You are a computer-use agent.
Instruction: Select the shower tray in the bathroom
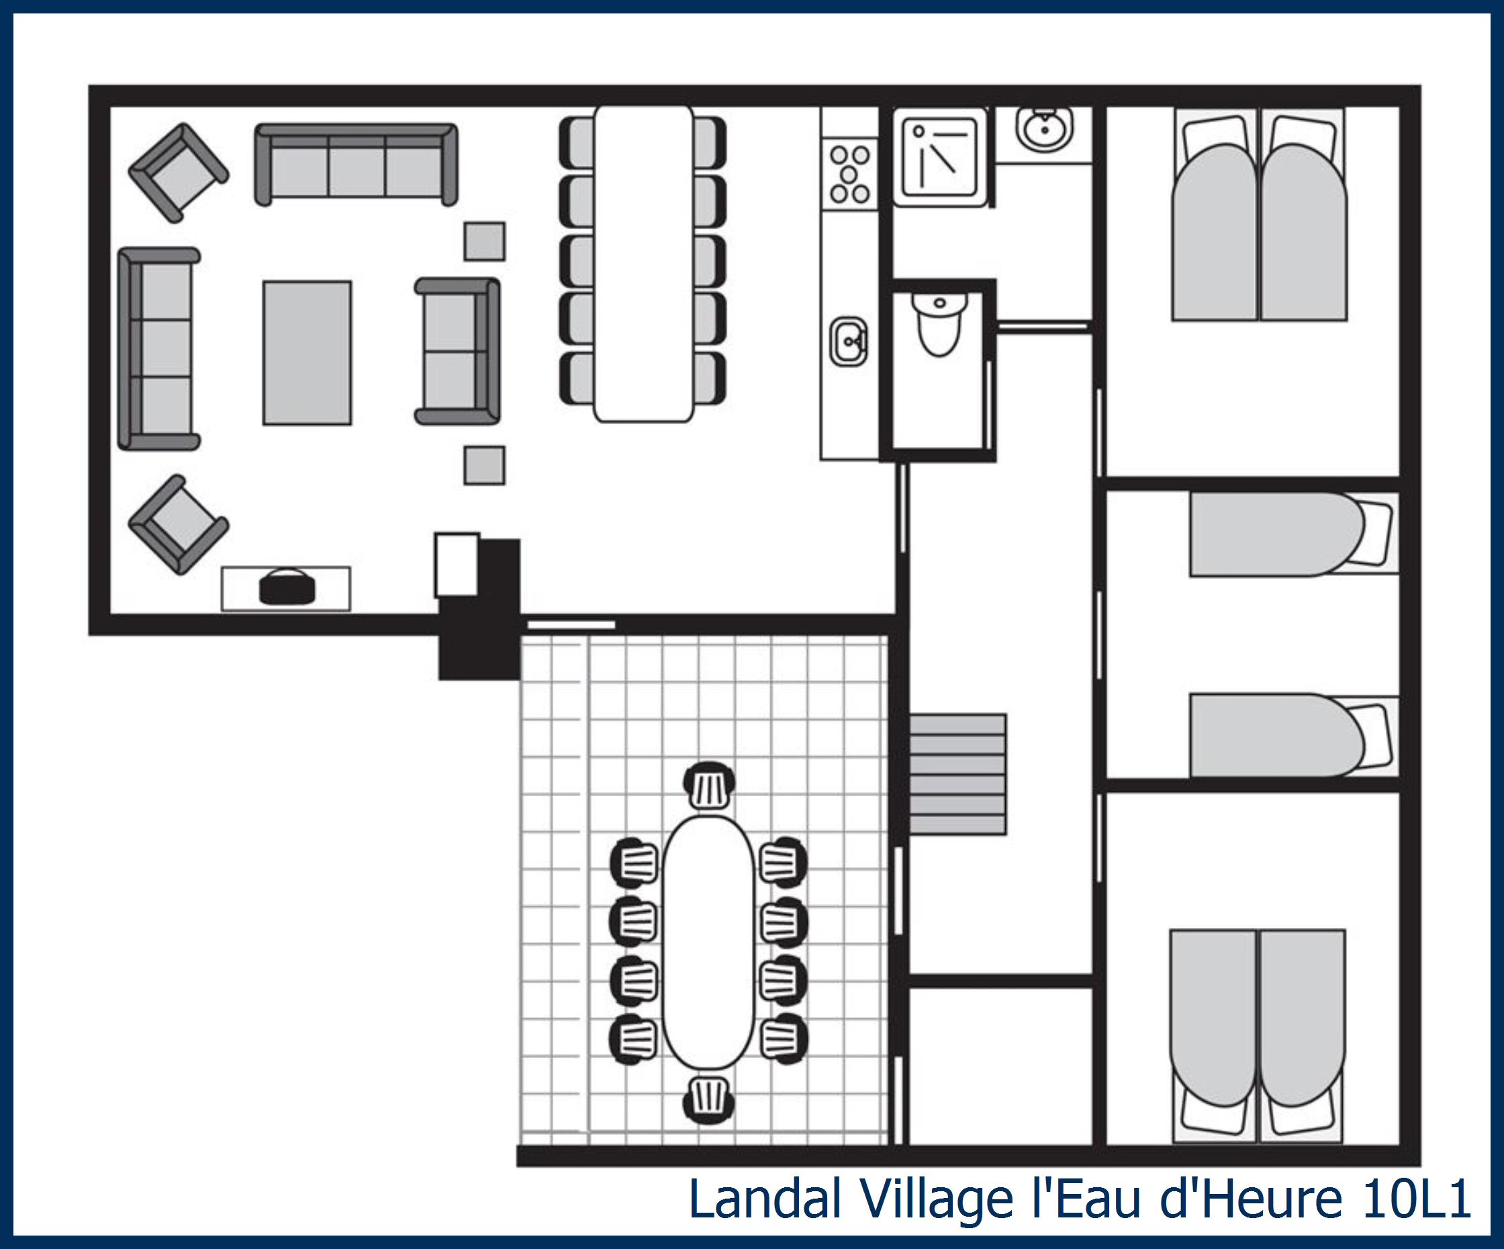(939, 157)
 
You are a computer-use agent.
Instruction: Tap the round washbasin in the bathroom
(1044, 130)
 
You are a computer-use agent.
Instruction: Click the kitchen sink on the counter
(849, 342)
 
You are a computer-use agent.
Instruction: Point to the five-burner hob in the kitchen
(849, 174)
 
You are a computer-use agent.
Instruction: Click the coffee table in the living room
(307, 353)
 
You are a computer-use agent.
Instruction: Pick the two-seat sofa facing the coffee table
(457, 351)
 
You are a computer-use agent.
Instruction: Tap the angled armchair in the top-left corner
(179, 173)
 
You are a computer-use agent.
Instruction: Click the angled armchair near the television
(179, 524)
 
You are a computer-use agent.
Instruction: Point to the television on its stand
(287, 588)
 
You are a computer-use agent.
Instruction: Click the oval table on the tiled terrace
(708, 943)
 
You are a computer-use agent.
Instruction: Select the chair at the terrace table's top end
(709, 786)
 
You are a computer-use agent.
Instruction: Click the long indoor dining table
(643, 263)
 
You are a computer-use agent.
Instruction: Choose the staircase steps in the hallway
(957, 774)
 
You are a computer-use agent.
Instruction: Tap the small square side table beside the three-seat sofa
(484, 241)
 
